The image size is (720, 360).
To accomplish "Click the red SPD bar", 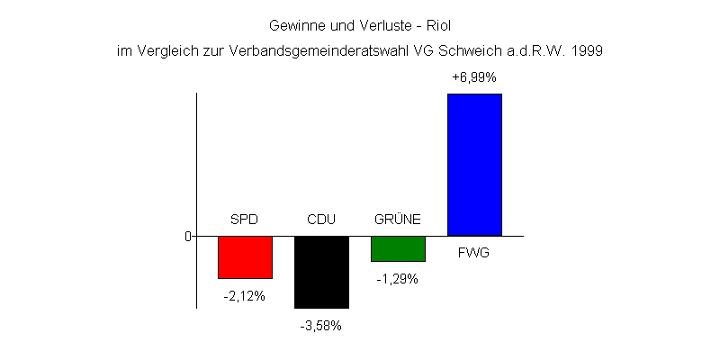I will point(245,257).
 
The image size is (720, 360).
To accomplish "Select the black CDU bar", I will point(321,272).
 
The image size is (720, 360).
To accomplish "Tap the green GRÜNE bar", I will point(398,248).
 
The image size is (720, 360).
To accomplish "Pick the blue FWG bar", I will point(474,165).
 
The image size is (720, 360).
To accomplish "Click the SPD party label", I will point(245,220).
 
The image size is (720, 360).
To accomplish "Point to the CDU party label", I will point(321,220).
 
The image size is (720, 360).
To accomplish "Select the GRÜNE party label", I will point(398,220).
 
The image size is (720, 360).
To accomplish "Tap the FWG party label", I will point(473,254).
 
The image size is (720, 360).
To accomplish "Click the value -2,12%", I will point(245,296).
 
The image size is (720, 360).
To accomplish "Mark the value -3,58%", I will point(321,326).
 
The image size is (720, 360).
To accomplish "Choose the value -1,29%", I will point(398,279).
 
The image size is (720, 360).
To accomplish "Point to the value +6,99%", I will point(474,77).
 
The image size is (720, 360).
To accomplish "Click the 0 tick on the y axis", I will point(188,237).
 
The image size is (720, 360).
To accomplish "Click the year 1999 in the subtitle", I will point(587,51).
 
